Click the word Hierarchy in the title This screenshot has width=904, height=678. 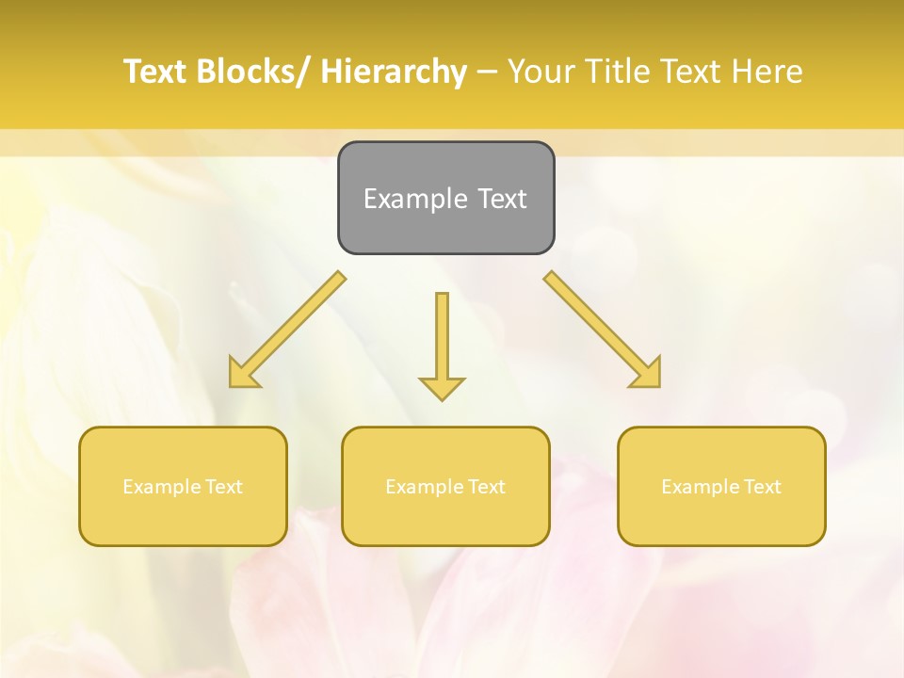393,72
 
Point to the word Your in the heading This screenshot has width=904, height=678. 541,72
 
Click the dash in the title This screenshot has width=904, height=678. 486,72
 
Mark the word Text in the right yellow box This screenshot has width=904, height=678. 762,487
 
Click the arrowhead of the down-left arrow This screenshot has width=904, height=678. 242,375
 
